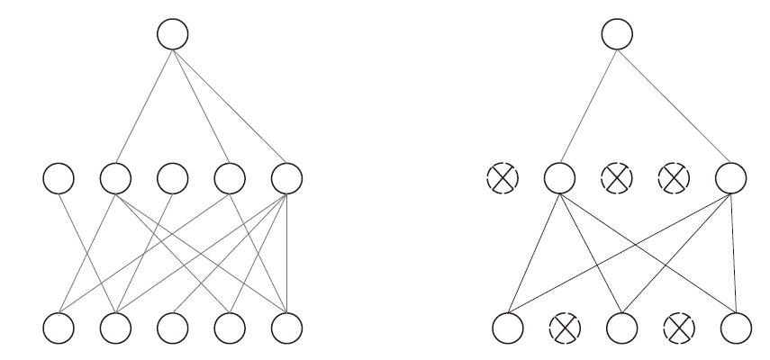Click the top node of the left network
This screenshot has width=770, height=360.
pos(172,34)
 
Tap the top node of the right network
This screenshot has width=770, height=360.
pos(617,34)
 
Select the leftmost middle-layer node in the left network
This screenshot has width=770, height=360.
pos(59,176)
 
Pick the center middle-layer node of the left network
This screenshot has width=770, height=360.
pos(172,176)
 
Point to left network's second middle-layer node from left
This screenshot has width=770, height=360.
pos(114,176)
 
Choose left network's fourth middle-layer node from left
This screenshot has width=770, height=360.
pos(229,176)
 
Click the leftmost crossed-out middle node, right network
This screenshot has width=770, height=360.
pos(503,176)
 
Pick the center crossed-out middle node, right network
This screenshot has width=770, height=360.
pos(617,176)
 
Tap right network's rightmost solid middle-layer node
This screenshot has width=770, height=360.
pos(730,176)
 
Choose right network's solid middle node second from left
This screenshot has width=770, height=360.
pos(559,176)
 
